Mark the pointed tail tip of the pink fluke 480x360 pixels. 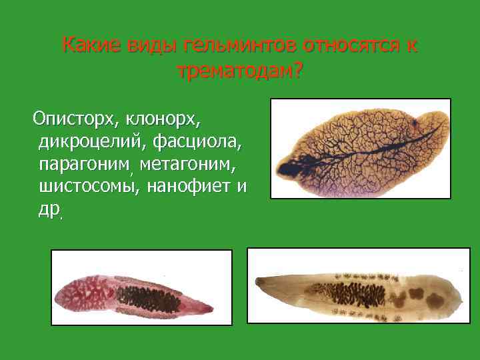click(211, 308)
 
